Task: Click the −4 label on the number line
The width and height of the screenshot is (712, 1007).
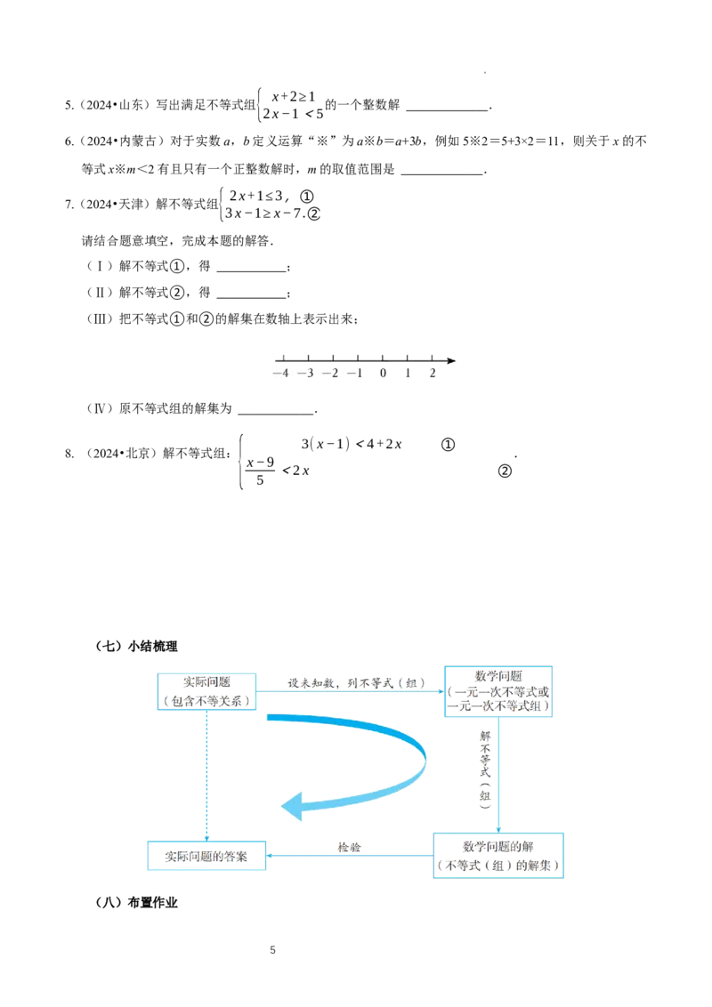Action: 281,374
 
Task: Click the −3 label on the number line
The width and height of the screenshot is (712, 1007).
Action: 307,374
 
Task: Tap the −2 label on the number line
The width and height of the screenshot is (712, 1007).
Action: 332,374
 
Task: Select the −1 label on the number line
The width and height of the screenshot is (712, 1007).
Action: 357,374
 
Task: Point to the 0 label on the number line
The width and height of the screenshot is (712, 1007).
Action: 383,374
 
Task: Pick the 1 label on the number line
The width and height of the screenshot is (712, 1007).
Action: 408,374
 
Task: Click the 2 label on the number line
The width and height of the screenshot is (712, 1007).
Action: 432,374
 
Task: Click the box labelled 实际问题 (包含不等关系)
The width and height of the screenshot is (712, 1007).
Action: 207,691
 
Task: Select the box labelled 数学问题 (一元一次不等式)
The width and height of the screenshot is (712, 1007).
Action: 498,690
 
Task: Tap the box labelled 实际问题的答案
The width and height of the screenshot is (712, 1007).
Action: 206,856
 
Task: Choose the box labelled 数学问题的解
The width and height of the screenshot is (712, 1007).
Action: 498,855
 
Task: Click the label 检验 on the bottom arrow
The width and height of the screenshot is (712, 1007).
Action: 349,847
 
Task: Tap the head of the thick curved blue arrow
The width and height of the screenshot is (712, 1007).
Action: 290,807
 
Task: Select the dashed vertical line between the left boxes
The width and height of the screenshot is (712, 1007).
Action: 206,774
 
